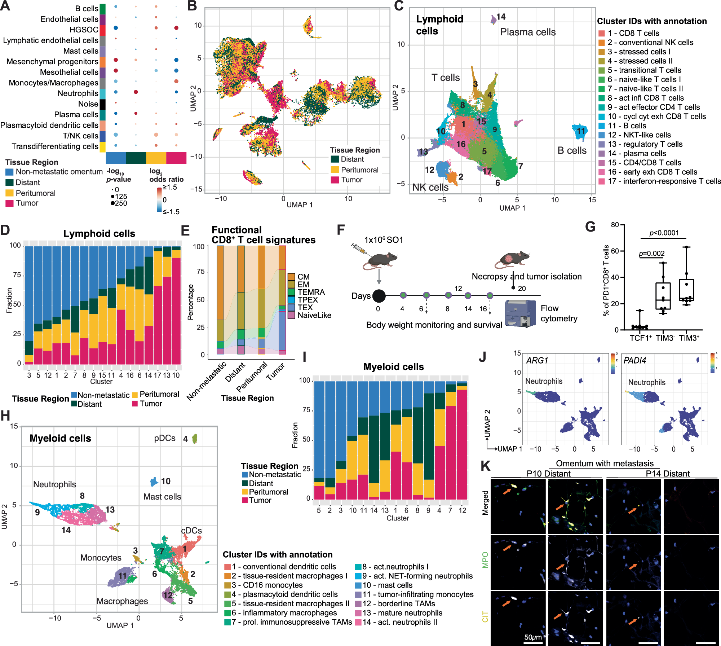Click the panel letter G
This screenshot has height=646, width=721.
pyautogui.click(x=590, y=227)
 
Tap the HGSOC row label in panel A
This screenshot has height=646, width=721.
pyautogui.click(x=84, y=30)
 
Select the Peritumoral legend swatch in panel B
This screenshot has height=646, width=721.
pyautogui.click(x=335, y=170)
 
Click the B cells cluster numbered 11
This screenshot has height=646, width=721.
pyautogui.click(x=580, y=131)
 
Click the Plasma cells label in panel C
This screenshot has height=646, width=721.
pyautogui.click(x=527, y=32)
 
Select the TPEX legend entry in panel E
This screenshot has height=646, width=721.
pyautogui.click(x=308, y=300)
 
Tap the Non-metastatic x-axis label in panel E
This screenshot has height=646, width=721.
pyautogui.click(x=207, y=381)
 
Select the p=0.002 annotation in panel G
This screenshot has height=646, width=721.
pyautogui.click(x=651, y=254)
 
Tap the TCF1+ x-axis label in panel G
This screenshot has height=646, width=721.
pyautogui.click(x=640, y=338)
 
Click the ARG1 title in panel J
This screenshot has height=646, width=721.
pyautogui.click(x=537, y=360)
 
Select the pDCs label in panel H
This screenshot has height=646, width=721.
pyautogui.click(x=164, y=438)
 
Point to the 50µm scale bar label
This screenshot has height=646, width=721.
pyautogui.click(x=533, y=637)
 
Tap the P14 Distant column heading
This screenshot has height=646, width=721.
pyautogui.click(x=667, y=474)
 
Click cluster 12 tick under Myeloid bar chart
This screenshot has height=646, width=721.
pyautogui.click(x=462, y=510)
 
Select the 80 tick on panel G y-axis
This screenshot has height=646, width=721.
pyautogui.click(x=615, y=225)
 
